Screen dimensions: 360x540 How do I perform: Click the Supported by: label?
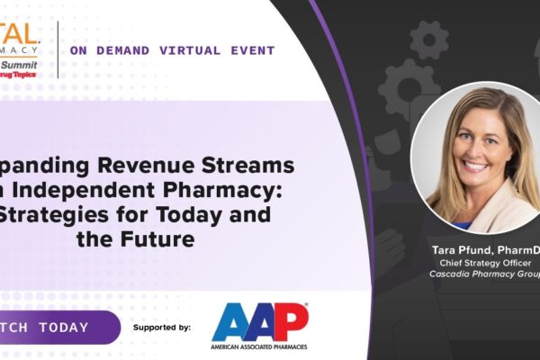pos(161,328)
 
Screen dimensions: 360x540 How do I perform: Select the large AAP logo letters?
pos(260,321)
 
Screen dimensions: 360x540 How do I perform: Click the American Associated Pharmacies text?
pos(260,346)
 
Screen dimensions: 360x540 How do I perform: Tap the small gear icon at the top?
pos(428,40)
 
